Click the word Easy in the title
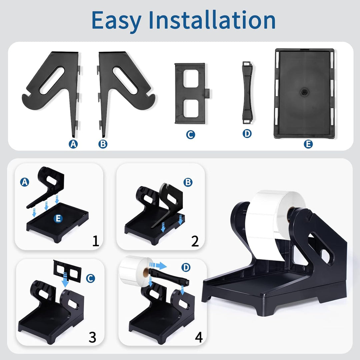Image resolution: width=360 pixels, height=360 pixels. (x=116, y=21)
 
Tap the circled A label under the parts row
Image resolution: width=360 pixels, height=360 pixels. (x=73, y=144)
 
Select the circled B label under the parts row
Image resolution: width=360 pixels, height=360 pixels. (x=103, y=144)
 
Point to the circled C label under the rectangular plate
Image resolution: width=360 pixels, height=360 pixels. (x=191, y=135)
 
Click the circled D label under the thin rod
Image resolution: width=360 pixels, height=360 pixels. (x=247, y=133)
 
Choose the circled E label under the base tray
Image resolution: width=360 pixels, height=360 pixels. (x=308, y=144)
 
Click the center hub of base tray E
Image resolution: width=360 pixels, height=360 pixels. (x=304, y=92)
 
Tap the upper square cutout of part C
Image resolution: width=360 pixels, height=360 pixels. (x=191, y=78)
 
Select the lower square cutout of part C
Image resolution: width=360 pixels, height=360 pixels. (x=191, y=108)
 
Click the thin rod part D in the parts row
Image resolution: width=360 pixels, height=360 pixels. (x=247, y=92)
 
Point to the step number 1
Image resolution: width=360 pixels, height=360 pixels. (x=96, y=241)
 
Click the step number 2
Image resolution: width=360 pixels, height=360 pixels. (x=195, y=241)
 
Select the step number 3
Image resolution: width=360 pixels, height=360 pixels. (x=92, y=337)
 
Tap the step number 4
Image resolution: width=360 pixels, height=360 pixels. (x=199, y=337)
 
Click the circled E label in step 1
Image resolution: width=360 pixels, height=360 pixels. (x=58, y=218)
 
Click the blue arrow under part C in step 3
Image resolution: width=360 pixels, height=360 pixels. (x=65, y=280)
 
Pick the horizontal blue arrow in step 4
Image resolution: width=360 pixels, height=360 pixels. (x=158, y=266)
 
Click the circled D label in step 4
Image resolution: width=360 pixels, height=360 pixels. (x=186, y=267)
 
